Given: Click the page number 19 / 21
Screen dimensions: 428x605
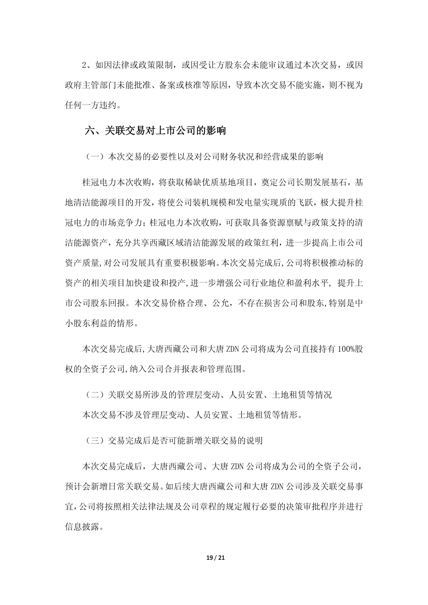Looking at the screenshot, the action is [x=216, y=558].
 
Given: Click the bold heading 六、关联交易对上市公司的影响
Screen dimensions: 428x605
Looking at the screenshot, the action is [x=155, y=130].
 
